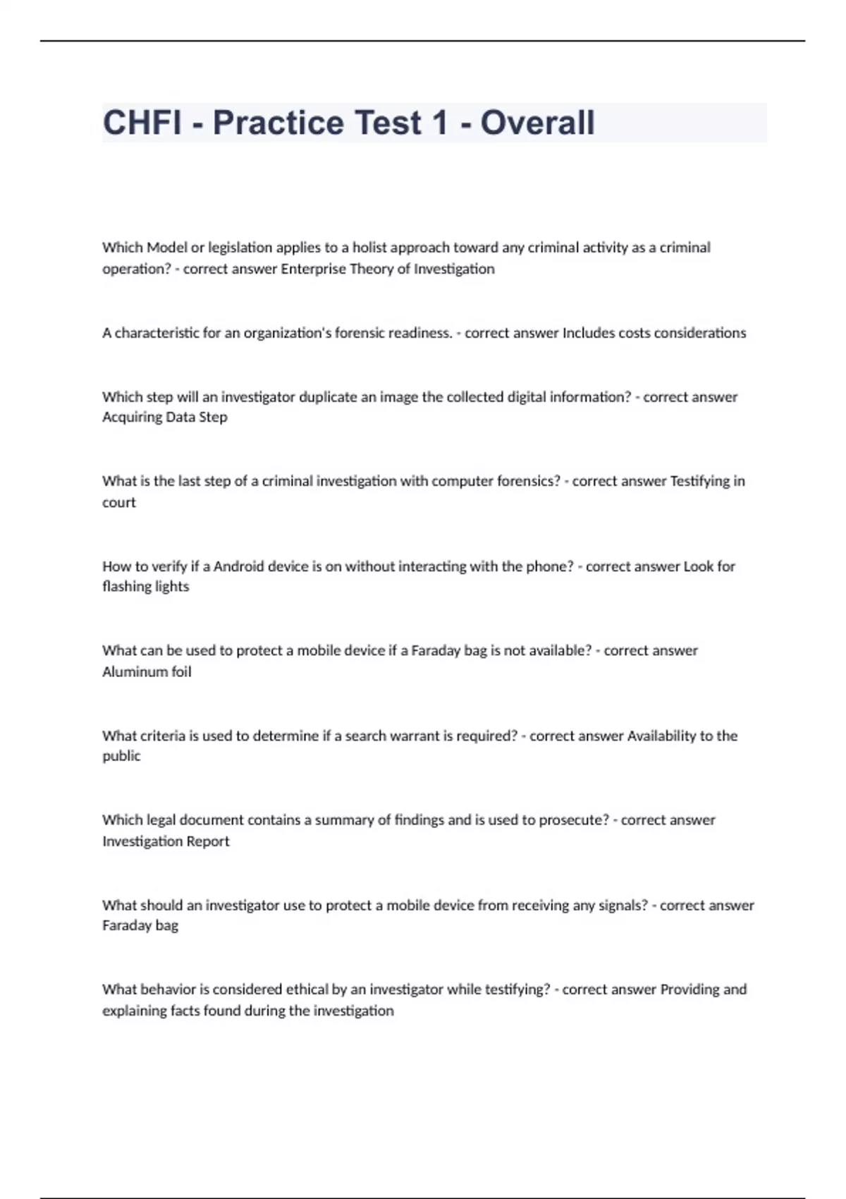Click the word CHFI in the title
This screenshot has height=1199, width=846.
pos(142,123)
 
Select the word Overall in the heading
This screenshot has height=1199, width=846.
pos(537,123)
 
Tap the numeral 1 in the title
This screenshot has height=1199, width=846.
pos(440,123)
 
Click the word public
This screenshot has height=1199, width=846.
pos(121,756)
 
